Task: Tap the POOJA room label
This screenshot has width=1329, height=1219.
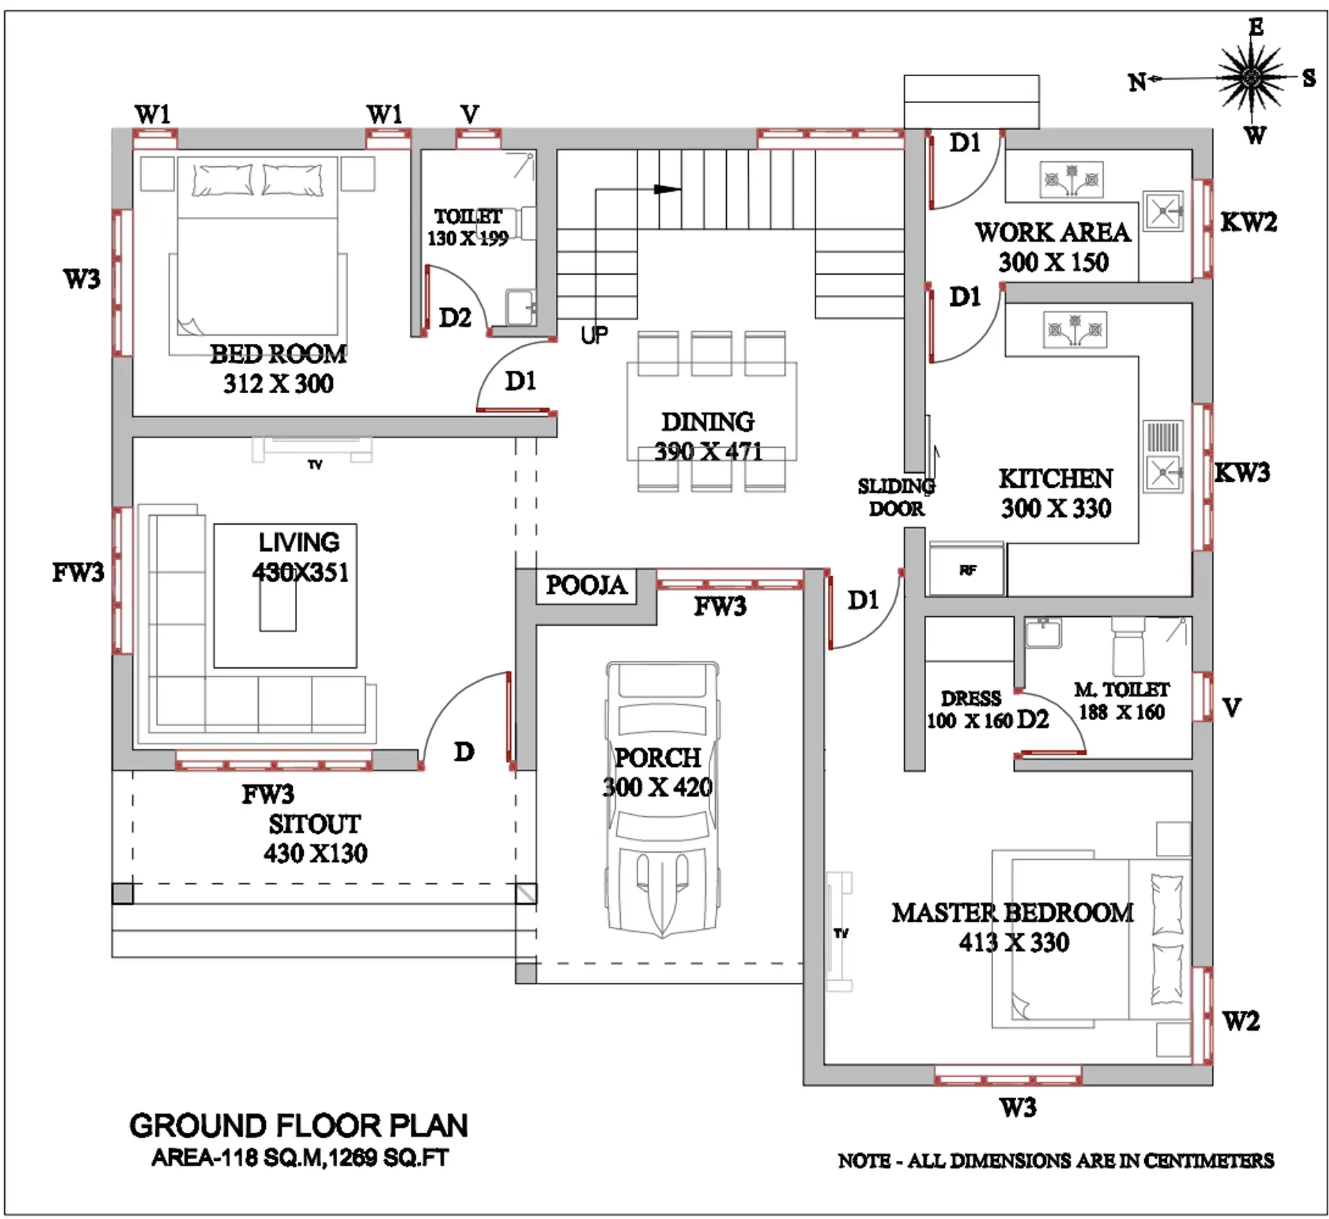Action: (586, 586)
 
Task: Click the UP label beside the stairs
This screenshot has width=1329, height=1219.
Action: (595, 336)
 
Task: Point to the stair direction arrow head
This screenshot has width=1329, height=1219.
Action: (668, 189)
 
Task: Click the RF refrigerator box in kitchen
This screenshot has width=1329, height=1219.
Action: (966, 570)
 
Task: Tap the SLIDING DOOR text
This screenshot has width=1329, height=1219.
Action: (896, 497)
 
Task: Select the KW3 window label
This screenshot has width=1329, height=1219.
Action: (1242, 473)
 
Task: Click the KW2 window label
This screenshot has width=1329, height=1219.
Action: (1248, 222)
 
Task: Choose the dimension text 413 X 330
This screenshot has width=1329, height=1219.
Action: (1013, 943)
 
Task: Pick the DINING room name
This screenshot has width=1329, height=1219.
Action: (707, 422)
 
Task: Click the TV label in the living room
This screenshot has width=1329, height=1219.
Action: (315, 465)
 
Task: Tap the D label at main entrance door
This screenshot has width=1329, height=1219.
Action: (464, 752)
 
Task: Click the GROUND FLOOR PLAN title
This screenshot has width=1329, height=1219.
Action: (298, 1126)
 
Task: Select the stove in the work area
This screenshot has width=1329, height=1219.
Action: (1071, 181)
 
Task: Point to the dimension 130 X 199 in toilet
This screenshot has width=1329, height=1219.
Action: (467, 239)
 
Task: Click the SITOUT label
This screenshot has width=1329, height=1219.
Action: (315, 824)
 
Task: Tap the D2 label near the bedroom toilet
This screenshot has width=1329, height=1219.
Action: (455, 318)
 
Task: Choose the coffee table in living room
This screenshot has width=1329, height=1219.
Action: (278, 606)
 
